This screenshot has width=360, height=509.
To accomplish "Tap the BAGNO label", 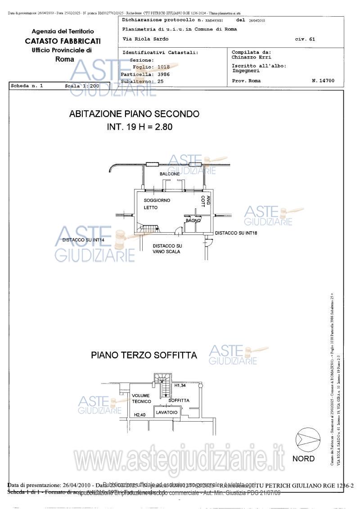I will point(193,221).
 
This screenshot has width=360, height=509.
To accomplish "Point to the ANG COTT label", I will point(203,201).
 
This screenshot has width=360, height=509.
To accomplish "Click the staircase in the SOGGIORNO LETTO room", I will point(148,228).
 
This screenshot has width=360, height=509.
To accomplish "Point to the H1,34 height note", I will point(180,386).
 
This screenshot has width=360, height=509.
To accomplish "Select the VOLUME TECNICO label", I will point(141,398).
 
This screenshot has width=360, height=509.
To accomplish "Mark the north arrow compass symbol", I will point(304,439).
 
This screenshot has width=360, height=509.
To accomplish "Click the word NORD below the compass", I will point(303,459).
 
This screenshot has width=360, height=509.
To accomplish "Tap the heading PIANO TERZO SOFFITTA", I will point(144,355).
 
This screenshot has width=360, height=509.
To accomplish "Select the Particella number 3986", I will point(161,74).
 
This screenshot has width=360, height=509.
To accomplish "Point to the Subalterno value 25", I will point(160,81).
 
